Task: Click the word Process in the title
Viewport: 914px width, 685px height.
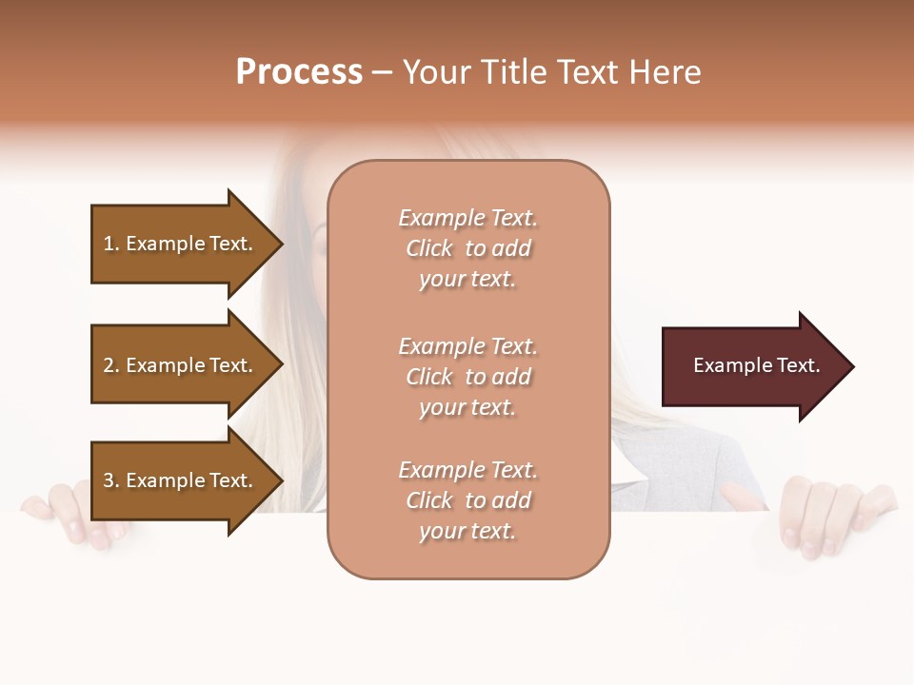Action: (x=299, y=72)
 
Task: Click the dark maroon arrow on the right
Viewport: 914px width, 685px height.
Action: (x=752, y=366)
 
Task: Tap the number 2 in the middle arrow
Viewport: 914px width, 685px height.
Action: (x=109, y=365)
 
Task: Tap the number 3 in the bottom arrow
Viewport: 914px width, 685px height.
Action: (x=109, y=480)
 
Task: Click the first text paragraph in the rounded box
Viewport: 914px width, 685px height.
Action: (x=467, y=248)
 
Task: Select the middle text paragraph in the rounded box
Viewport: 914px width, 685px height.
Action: (x=467, y=377)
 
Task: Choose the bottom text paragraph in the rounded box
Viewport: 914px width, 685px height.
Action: (x=467, y=500)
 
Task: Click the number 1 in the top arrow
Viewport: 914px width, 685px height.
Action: (x=109, y=244)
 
